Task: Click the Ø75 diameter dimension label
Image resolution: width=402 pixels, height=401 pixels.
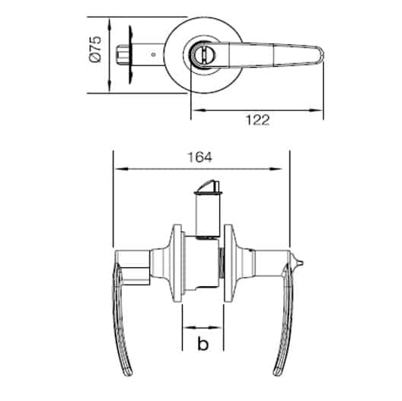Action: pos(95,49)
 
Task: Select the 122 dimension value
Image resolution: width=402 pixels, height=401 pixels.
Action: pos(257,120)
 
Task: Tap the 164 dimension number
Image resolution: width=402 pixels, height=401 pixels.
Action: pos(200,158)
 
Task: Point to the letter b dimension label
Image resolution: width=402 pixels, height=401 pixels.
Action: pos(203,344)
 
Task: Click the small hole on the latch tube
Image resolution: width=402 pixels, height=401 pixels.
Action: pos(153,55)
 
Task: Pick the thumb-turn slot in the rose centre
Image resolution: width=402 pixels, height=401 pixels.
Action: pos(203,55)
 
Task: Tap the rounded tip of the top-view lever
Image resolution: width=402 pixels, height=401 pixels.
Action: pos(321,55)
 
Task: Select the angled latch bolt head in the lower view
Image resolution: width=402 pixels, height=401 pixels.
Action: pos(208,186)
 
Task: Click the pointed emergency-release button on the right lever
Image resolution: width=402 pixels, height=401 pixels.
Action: pos(299,263)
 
